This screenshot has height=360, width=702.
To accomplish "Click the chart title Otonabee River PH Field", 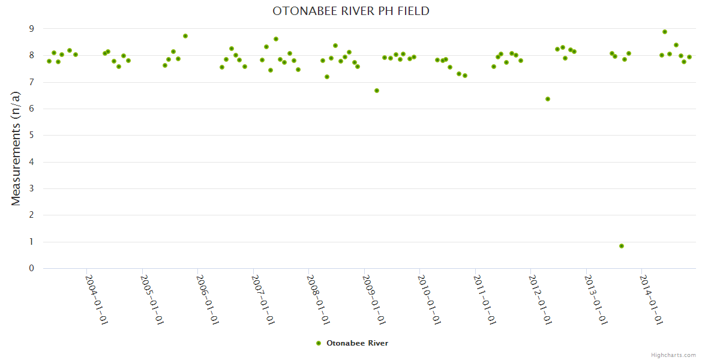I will (x=350, y=11).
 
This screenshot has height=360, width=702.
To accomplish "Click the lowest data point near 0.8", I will (x=622, y=246).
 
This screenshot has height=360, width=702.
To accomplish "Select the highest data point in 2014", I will (x=665, y=32).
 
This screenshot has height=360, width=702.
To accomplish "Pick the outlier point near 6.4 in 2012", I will (x=548, y=99).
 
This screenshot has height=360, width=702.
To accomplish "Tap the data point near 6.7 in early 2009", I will (x=377, y=91).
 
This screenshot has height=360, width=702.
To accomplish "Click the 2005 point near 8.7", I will (x=185, y=36).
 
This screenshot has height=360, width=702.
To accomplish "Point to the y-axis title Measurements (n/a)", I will (x=16, y=149).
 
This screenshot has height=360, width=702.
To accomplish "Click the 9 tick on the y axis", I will (x=32, y=29).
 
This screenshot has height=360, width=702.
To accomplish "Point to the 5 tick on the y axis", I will (x=32, y=136).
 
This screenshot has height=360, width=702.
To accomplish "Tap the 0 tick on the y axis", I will (x=32, y=268).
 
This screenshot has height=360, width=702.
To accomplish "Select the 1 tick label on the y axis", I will (x=32, y=242).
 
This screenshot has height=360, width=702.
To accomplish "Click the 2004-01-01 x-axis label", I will (x=96, y=300).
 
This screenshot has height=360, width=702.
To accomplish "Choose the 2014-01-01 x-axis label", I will (x=651, y=300).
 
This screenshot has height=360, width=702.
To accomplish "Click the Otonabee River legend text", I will (x=357, y=343).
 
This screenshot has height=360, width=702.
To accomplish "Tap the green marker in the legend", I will (x=319, y=343).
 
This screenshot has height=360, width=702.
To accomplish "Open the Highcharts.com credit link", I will (x=673, y=355).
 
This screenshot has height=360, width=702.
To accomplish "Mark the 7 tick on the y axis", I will (x=32, y=82).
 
